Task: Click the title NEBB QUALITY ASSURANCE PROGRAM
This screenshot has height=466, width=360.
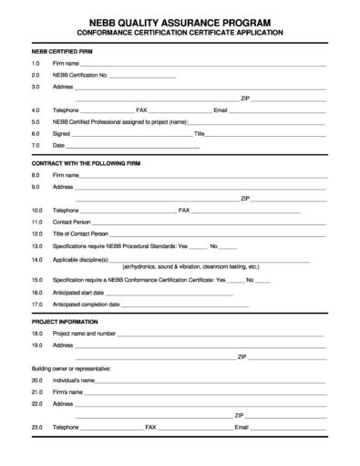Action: click(179, 19)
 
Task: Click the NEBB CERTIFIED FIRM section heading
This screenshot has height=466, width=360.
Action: click(59, 53)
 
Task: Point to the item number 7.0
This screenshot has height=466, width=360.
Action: click(36, 145)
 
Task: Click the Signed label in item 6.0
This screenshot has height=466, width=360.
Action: click(61, 133)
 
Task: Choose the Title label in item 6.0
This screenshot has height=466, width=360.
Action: click(199, 133)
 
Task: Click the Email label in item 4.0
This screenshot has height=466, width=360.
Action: click(220, 109)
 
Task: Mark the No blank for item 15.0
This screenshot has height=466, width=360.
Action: click(262, 280)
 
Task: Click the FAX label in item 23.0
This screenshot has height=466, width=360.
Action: click(151, 427)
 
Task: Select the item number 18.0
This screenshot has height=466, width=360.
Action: click(36, 334)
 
